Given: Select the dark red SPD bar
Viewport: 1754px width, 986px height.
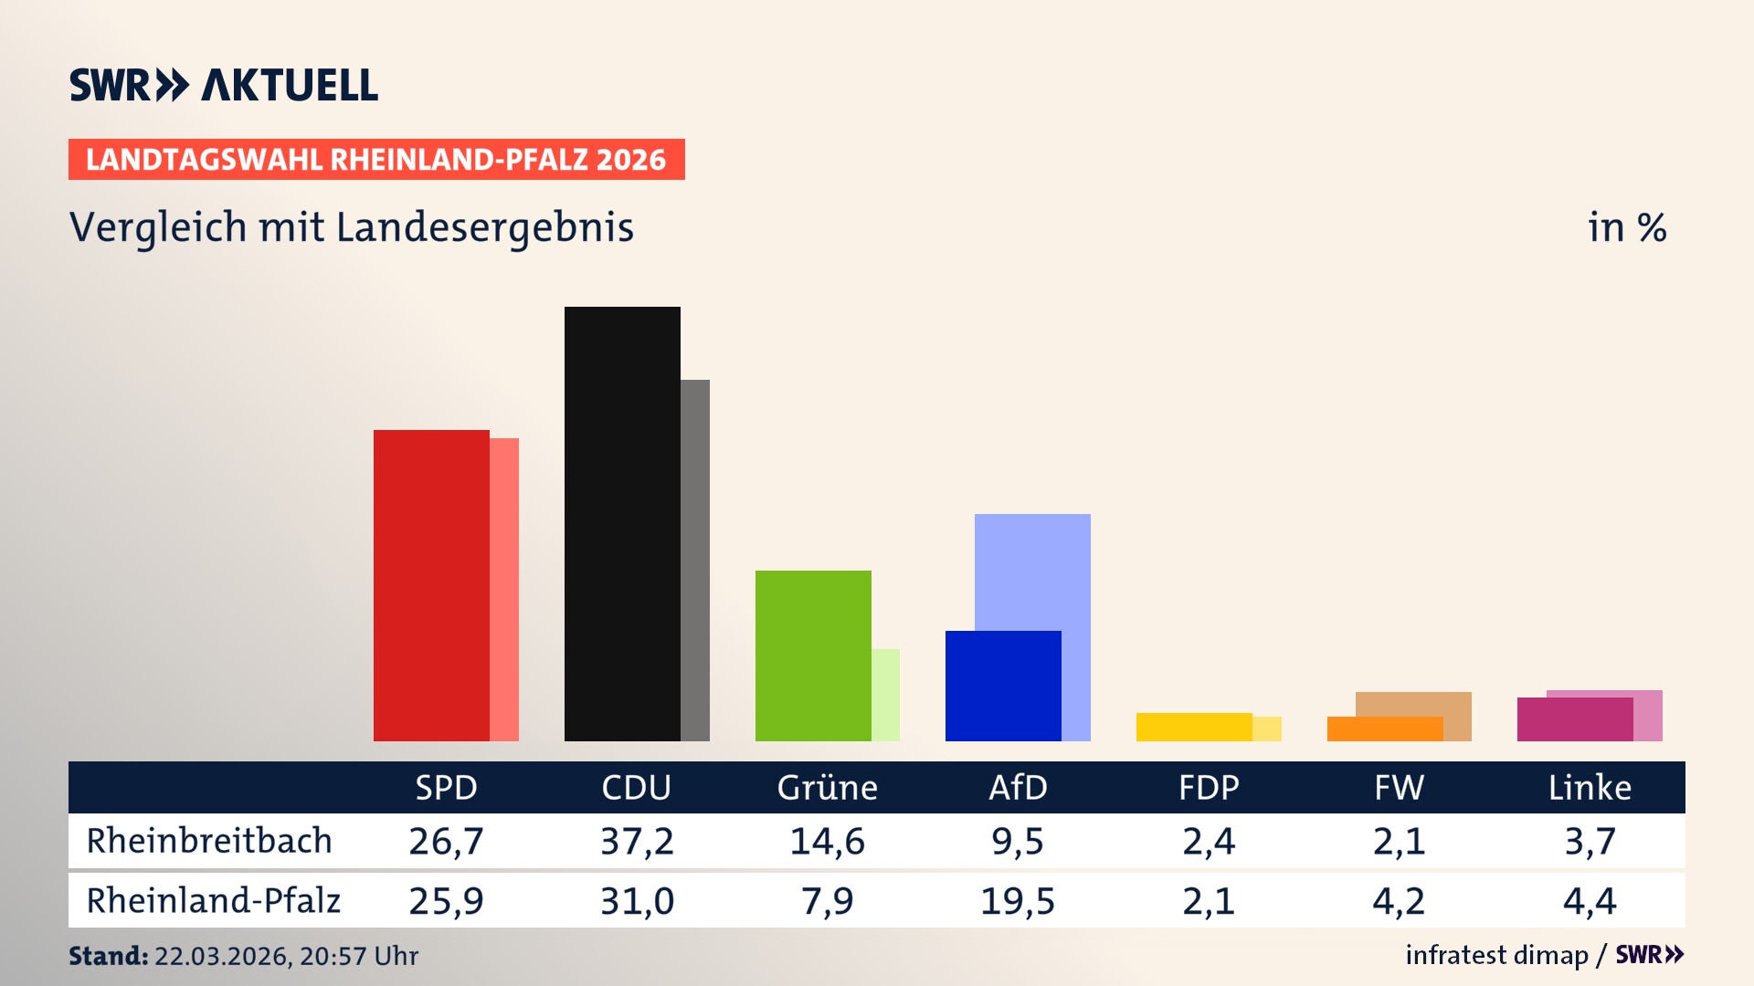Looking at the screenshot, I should point(431,585).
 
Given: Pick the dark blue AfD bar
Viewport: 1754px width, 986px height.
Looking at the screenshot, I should point(1003,686).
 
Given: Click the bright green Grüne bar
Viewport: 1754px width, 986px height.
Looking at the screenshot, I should point(813,656).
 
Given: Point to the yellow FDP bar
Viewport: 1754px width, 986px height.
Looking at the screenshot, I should point(1194,727).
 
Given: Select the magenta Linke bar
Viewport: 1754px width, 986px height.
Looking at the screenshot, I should point(1575,719).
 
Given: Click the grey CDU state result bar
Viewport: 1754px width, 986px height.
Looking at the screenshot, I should point(695,560).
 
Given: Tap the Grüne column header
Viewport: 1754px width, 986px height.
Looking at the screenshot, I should point(827,788).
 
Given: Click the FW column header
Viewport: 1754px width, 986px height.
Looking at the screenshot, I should point(1399,788).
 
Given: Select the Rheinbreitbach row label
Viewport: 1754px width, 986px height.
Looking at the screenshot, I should point(209,841).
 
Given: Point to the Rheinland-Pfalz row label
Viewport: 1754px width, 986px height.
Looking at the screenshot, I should point(213,901).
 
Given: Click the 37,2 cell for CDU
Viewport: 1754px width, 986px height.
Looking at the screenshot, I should point(637,841).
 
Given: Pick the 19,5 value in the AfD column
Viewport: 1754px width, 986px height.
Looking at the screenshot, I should point(1017,901).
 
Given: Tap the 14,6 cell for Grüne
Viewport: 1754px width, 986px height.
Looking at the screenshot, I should point(827,841).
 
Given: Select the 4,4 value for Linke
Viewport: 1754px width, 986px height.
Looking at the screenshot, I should point(1590,901).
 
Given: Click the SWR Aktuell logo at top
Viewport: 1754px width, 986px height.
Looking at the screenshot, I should point(224,85).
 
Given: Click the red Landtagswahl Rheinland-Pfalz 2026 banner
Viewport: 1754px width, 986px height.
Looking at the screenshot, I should point(376,160).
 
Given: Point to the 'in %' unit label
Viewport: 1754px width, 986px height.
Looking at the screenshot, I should point(1626,227).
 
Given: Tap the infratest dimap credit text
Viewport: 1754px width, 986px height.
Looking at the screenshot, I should point(1496,955).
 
